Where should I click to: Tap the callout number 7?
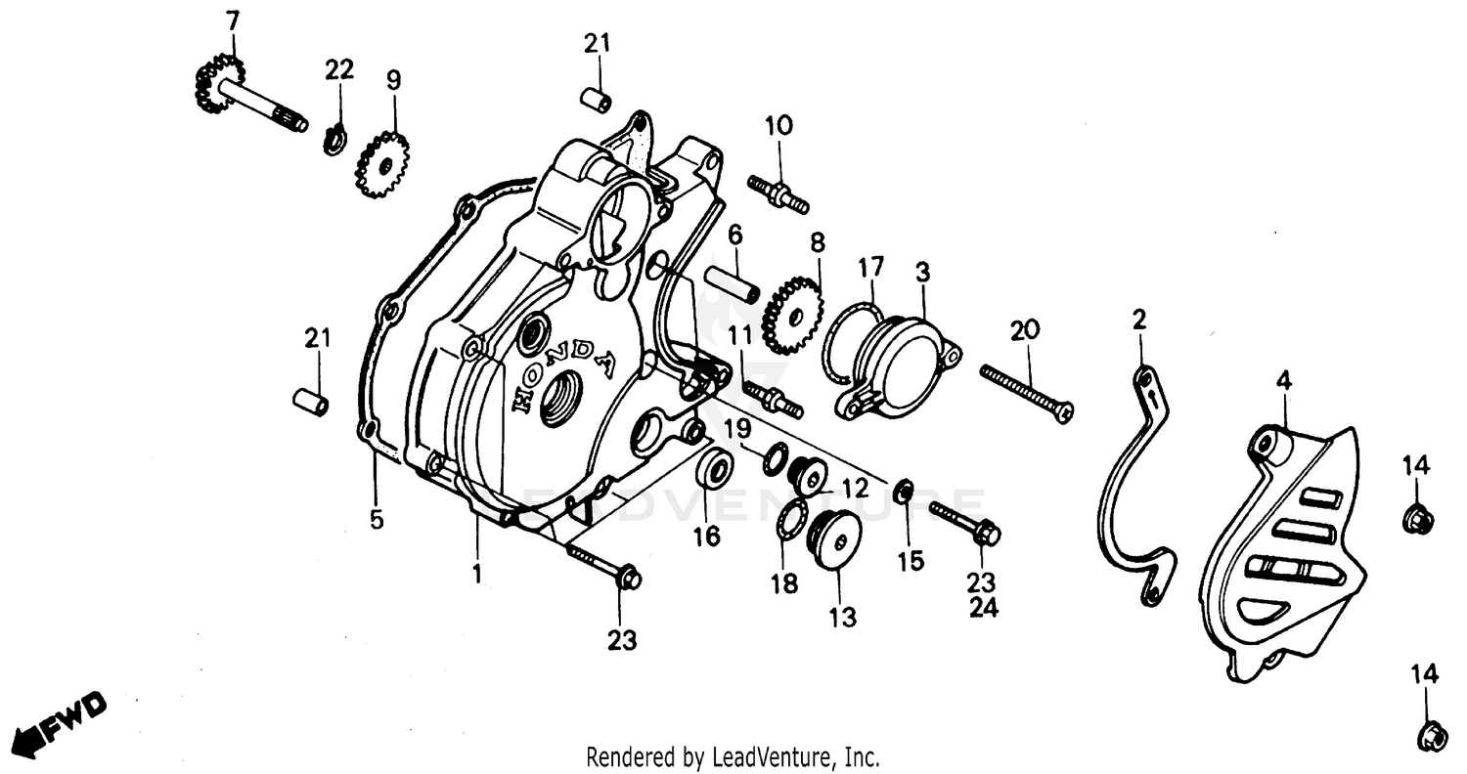(232, 20)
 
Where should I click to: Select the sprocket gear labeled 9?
(383, 165)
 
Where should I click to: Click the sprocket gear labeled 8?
(793, 315)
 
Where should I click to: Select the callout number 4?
(1283, 381)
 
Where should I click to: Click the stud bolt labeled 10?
(778, 193)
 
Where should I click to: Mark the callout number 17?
(870, 267)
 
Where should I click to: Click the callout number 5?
(377, 520)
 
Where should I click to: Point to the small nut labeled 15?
(905, 489)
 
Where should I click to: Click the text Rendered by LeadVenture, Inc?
(733, 756)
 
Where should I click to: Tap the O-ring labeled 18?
(790, 519)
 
